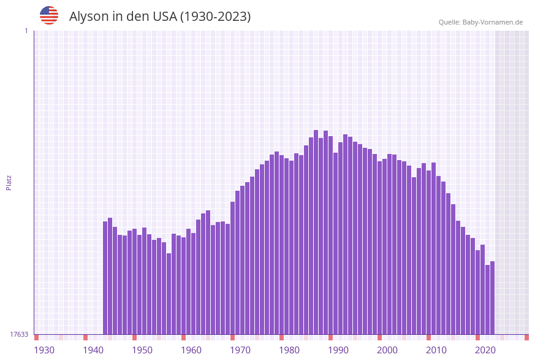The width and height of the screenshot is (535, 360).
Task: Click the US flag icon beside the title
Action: pos(49,15)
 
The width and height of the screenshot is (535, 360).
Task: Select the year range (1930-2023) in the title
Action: pos(215,17)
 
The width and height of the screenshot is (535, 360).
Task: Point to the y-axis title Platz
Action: pos(9,182)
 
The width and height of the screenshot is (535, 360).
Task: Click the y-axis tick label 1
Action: pos(26,31)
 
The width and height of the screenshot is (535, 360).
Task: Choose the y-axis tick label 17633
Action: pos(19,334)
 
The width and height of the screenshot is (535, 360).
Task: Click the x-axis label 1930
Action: pos(44,350)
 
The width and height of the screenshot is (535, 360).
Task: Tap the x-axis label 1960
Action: pos(191,350)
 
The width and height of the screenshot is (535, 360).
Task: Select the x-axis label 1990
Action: pos(338,350)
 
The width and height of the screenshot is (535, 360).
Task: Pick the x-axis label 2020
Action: pos(485,350)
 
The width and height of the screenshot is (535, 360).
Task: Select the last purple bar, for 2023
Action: pos(492,297)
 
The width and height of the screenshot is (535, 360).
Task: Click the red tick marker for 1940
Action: pos(85,337)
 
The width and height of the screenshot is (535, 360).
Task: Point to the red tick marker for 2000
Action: pos(379,337)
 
